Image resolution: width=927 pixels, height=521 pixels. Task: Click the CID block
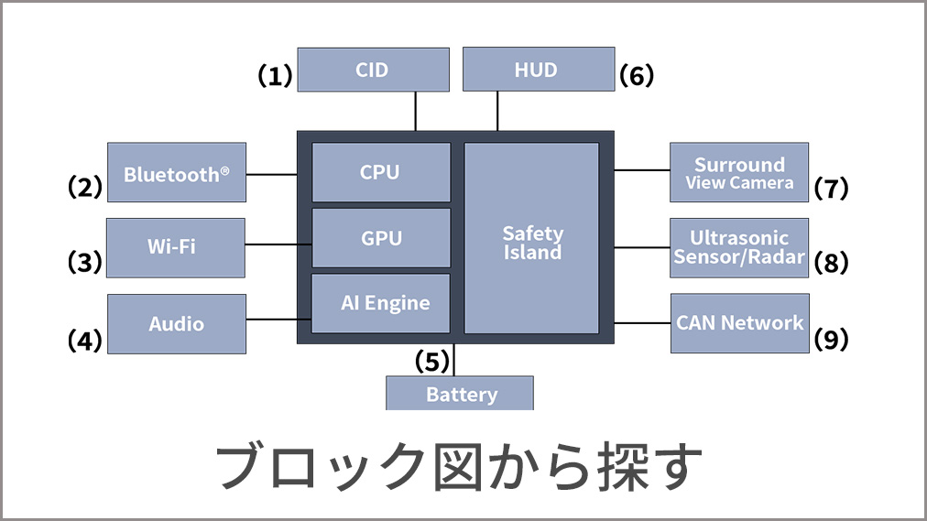[373, 70]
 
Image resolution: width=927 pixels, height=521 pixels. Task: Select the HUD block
[538, 70]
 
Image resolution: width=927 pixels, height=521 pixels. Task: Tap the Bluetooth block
[177, 173]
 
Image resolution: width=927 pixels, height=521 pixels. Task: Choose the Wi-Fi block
[176, 247]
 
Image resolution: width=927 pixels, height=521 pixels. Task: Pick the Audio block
[177, 324]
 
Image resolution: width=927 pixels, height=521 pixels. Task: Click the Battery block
[460, 394]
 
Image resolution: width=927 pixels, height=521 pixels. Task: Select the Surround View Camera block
[739, 173]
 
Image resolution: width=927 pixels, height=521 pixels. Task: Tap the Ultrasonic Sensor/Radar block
[739, 247]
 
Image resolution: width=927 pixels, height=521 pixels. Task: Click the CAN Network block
[740, 323]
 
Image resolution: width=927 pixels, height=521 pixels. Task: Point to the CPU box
[381, 172]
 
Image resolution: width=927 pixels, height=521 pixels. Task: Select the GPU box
[381, 238]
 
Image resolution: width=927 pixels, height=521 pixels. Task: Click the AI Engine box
[381, 303]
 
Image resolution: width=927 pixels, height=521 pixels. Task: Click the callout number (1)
[273, 76]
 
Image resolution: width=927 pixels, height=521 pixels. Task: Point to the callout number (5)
[431, 361]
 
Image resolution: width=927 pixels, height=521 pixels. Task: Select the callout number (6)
[637, 76]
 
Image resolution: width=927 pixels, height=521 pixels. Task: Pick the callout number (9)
[831, 340]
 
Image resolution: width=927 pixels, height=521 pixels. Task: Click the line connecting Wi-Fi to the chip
[278, 244]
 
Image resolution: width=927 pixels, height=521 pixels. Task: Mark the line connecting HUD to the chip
[497, 111]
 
